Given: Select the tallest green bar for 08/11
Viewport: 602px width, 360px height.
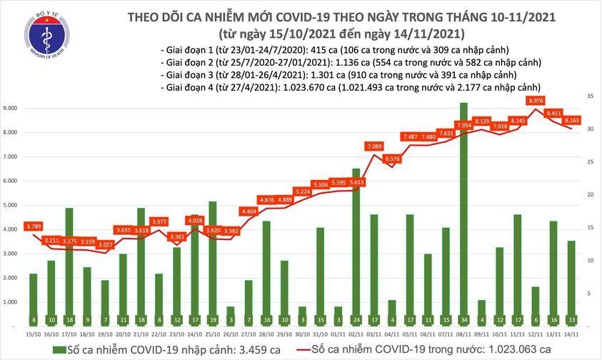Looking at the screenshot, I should point(463,214).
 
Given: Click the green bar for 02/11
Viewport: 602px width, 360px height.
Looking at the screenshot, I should point(355,246).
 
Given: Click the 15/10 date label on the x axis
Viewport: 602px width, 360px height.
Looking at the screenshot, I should point(33,334).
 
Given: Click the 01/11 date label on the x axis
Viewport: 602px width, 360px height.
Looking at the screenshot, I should point(337,334).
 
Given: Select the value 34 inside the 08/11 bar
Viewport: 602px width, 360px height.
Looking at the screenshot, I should point(463,320).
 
